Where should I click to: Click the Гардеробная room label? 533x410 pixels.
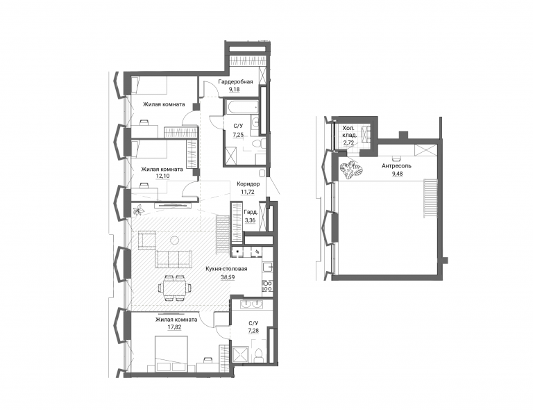235,82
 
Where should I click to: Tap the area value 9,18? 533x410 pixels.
234,90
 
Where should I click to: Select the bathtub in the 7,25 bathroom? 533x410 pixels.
242,106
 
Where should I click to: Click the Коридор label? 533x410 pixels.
248,184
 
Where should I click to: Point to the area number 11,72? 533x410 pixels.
248,192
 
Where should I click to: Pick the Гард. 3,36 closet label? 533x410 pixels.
250,216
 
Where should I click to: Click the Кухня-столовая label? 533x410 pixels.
226,269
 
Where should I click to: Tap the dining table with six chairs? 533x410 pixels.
174,288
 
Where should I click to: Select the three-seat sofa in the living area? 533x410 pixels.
174,259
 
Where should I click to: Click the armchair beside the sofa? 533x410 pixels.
147,240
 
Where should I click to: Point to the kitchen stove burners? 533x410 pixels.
267,285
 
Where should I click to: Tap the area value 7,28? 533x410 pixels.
253,331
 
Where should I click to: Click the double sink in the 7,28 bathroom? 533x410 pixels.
252,304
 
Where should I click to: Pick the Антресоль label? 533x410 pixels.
396,166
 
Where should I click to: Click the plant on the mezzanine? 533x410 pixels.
350,170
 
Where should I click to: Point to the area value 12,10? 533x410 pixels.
162,177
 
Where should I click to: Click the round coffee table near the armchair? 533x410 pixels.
174,240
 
